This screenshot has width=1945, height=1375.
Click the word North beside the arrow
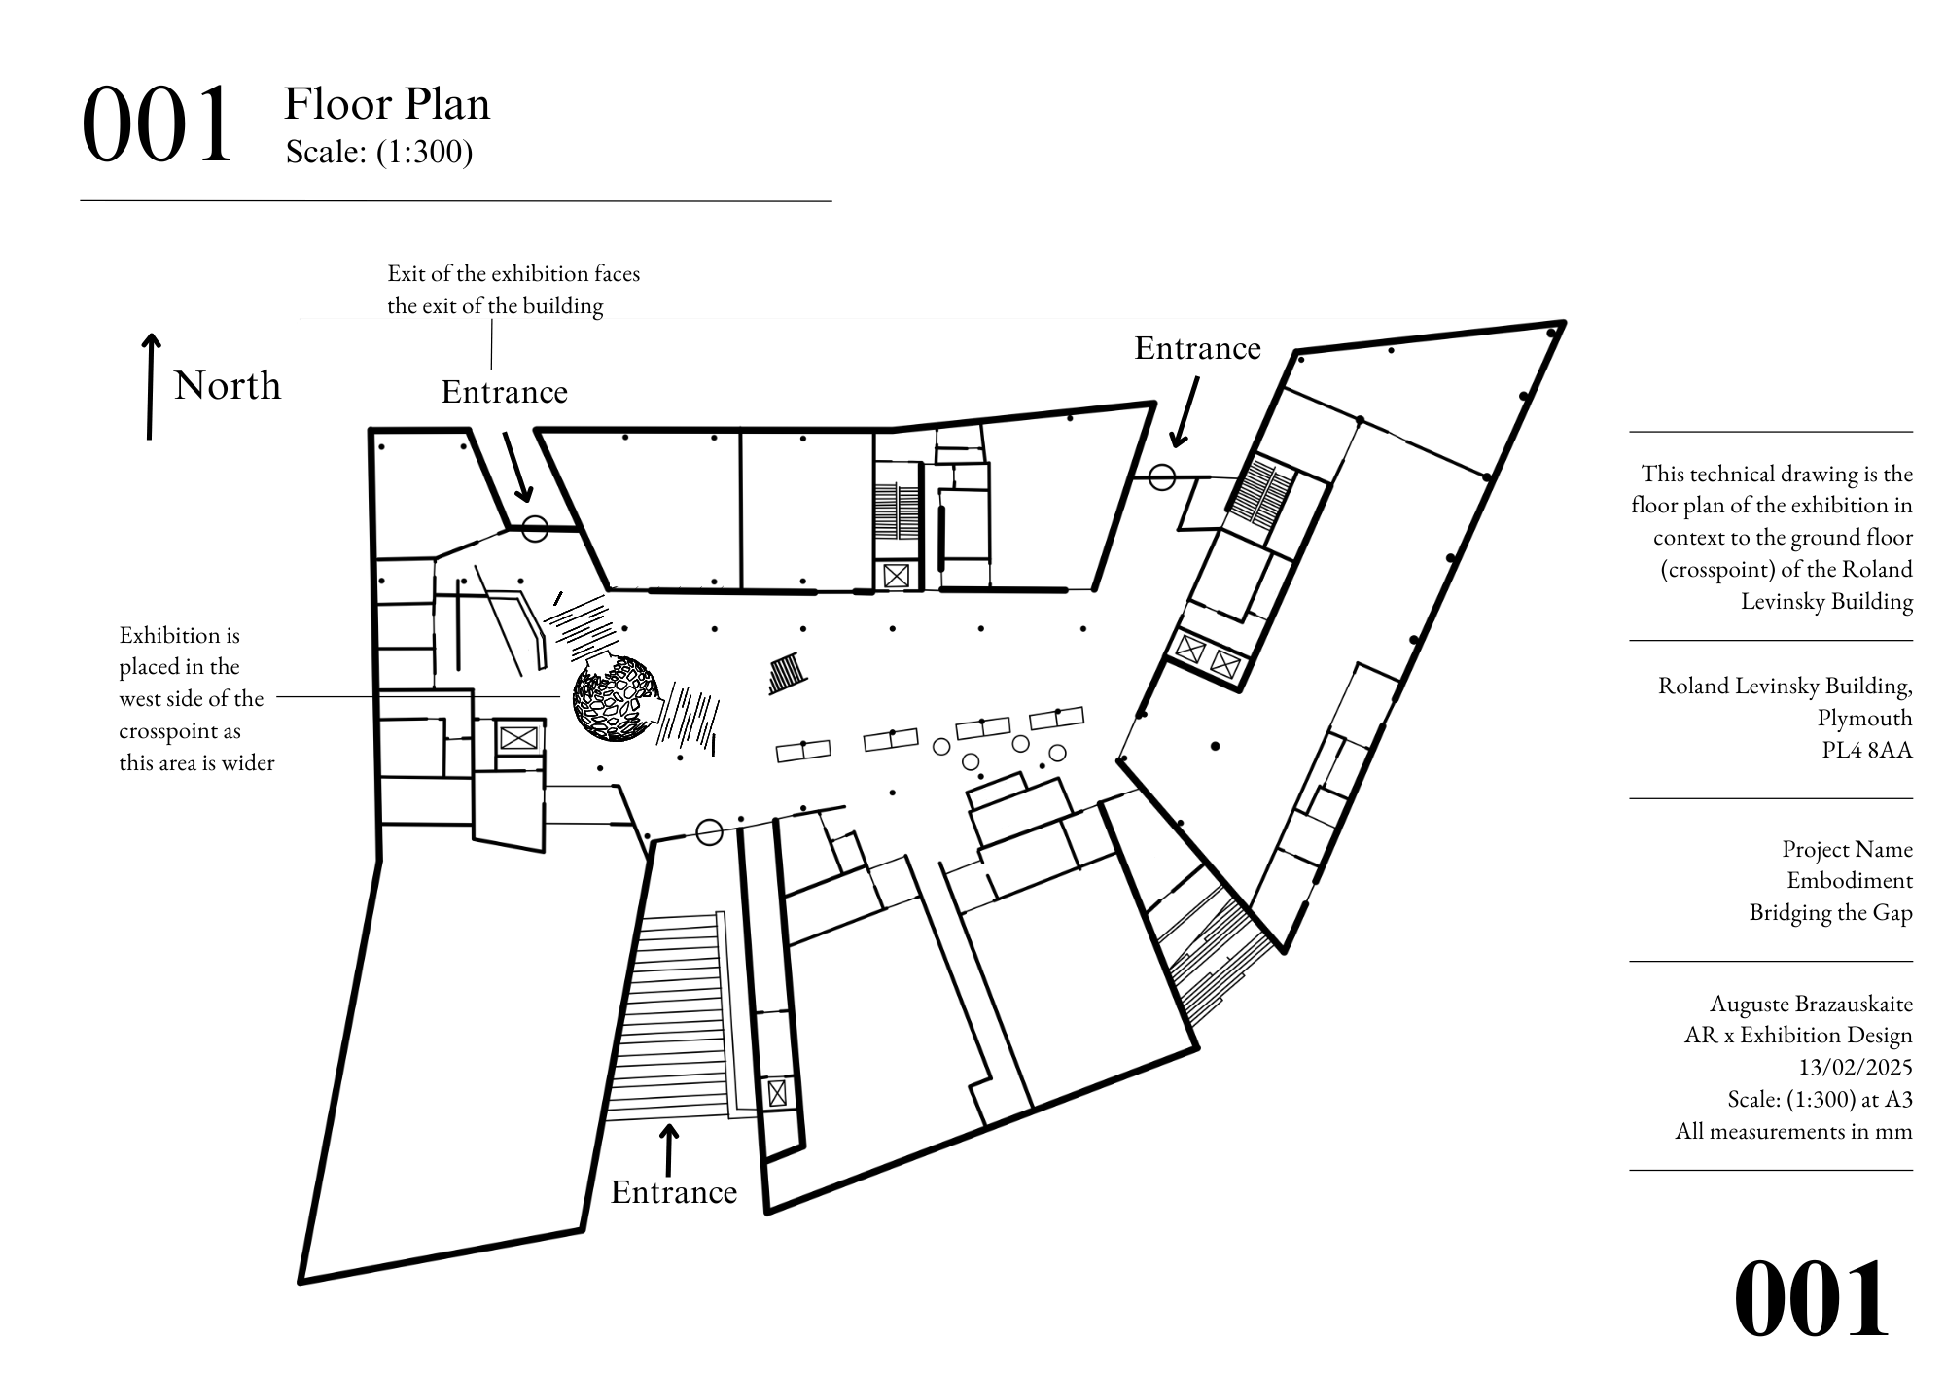pos(228,386)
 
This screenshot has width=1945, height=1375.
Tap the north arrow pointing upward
pos(151,386)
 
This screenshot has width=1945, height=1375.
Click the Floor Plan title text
pos(387,104)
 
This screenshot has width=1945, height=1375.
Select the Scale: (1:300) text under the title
pos(379,153)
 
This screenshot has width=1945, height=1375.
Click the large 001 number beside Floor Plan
pos(158,124)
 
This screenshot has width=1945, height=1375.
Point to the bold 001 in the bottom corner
pos(1811,1299)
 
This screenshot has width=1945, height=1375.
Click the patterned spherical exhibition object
pos(617,699)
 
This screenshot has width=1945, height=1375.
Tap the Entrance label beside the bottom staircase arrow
pos(674,1192)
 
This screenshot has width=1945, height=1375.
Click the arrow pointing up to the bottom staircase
pos(668,1150)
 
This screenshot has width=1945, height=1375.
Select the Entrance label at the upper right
pos(1197,348)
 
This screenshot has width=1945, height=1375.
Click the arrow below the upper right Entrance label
pos(1185,412)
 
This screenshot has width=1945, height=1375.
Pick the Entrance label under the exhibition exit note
pos(504,392)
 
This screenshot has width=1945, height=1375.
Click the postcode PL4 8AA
pos(1867,750)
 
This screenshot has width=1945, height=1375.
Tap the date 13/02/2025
pos(1856,1067)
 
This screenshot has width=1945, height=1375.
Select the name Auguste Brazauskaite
pos(1811,1004)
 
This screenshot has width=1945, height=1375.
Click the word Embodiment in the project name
pos(1850,880)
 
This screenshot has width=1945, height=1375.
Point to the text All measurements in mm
pos(1793,1131)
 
